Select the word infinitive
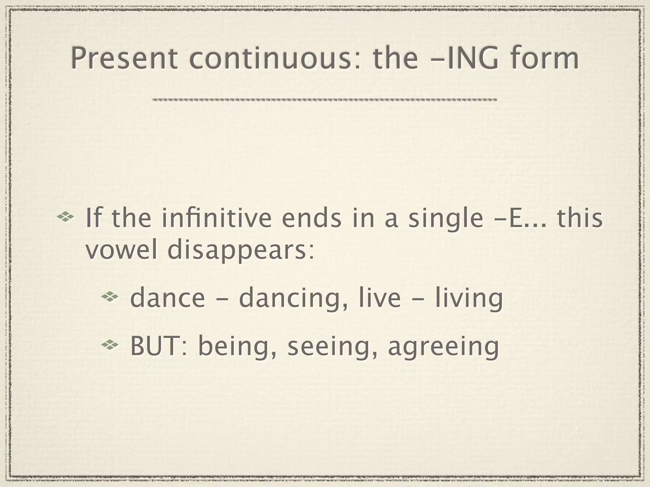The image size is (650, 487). (217, 218)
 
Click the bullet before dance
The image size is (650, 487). (110, 297)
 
